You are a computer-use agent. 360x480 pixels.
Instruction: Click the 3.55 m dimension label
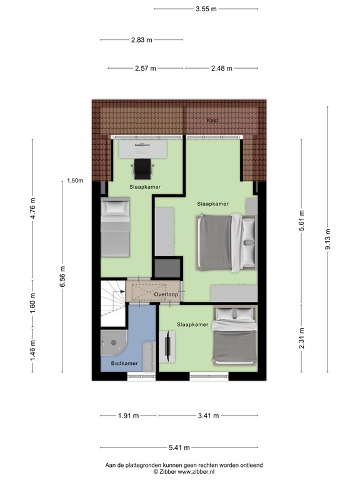[x=206, y=9]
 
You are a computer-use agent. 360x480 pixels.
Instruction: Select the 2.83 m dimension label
[x=142, y=40]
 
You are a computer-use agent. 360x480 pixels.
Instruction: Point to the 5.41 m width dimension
[x=179, y=447]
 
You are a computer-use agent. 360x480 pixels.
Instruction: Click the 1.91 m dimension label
[x=128, y=415]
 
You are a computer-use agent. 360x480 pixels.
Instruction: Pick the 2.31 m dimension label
[x=302, y=338]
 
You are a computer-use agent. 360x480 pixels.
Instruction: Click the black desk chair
[x=143, y=167]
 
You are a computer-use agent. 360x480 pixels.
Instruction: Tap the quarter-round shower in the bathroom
[x=112, y=344]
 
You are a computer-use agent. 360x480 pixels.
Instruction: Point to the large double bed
[x=226, y=242]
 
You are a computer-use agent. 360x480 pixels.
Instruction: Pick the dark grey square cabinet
[x=167, y=267]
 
